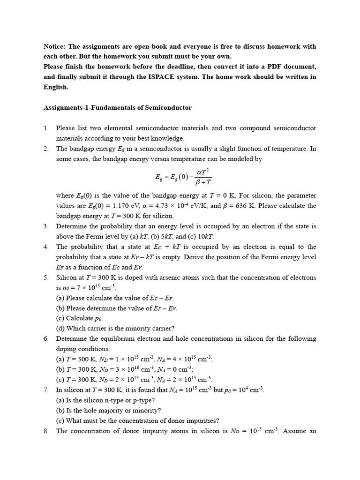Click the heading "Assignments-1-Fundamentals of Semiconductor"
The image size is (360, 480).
point(117,107)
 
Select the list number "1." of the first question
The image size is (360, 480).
point(46,128)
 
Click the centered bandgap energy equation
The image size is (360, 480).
point(183,177)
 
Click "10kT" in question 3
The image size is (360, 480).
point(205,236)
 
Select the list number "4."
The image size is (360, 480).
point(46,247)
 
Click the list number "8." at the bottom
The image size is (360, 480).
point(46,431)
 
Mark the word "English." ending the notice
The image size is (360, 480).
point(56,87)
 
